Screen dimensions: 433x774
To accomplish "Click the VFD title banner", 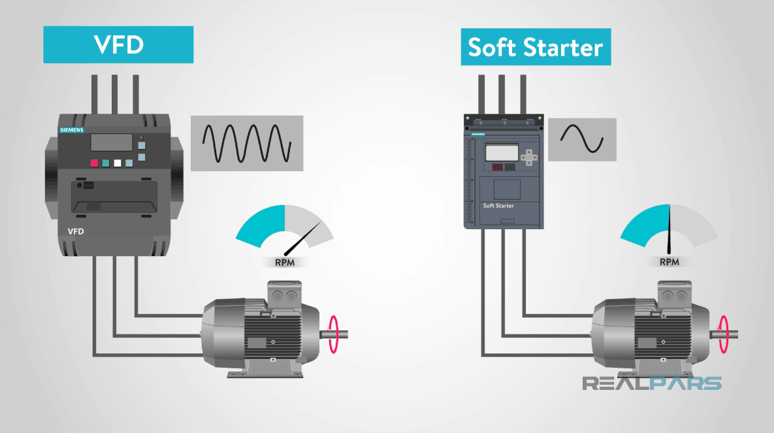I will [x=118, y=44].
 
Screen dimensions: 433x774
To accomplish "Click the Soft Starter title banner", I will [x=536, y=47].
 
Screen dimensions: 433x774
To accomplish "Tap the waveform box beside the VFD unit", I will [x=247, y=143].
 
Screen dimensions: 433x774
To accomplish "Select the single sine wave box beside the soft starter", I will [x=582, y=139].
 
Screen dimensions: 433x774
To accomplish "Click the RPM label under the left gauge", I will [x=284, y=263].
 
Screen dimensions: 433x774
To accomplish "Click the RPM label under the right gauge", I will [x=669, y=263].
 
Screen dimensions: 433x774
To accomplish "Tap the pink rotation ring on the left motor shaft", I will [x=335, y=334].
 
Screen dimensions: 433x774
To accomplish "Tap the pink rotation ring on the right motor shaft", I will [x=724, y=334].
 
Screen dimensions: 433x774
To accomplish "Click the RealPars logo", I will [x=652, y=383].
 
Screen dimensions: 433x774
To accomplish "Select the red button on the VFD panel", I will [x=94, y=163].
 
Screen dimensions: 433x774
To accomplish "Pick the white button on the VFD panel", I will [x=118, y=163].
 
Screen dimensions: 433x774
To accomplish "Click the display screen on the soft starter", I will [x=501, y=153].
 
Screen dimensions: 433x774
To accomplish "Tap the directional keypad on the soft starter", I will [x=532, y=156].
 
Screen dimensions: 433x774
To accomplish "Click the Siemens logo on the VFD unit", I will [x=72, y=130].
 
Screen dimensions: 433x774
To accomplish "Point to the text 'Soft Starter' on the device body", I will [x=498, y=206].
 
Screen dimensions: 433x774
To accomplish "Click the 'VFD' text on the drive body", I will [x=77, y=231].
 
